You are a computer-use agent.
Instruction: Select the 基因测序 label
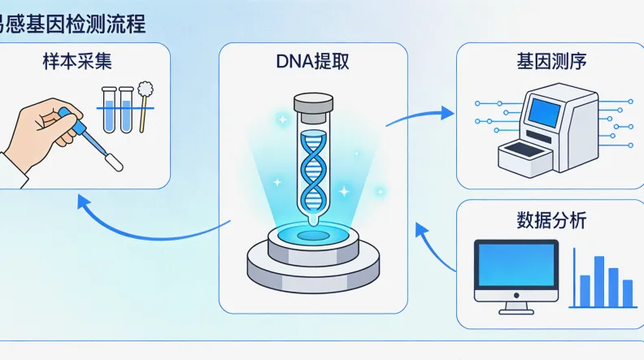coord(550,60)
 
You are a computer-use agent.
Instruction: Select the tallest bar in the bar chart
coord(598,280)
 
